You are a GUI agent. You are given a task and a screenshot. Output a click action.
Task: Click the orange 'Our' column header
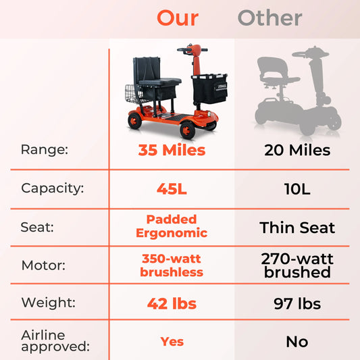[x=178, y=18]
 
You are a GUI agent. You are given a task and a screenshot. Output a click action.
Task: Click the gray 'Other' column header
[x=269, y=18]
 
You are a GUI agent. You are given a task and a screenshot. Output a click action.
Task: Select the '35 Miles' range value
[x=172, y=150]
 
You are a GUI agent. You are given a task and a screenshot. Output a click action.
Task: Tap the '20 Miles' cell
[x=297, y=150]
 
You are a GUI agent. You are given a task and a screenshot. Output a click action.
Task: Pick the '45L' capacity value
[x=172, y=189]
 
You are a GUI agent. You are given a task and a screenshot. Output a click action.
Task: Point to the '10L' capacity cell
[x=297, y=189]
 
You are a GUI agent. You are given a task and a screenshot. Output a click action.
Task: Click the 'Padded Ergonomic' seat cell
[x=172, y=226]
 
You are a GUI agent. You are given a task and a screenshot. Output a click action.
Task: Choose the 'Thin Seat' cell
[x=297, y=228]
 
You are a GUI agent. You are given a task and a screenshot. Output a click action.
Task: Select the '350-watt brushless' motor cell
[x=172, y=265]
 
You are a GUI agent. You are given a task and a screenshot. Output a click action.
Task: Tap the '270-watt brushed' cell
[x=297, y=265]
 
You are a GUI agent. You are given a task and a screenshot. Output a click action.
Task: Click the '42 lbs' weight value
[x=172, y=304]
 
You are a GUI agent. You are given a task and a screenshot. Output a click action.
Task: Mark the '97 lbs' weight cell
[x=297, y=304]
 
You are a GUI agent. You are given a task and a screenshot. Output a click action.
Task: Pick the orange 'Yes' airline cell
[x=172, y=342]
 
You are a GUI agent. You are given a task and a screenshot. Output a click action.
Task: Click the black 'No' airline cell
[x=297, y=342]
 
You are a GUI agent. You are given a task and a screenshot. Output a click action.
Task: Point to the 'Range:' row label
[x=44, y=150]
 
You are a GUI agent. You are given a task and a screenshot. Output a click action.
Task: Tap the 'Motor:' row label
[x=43, y=265]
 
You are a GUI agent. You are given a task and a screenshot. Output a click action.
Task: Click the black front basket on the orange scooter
[x=209, y=90]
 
